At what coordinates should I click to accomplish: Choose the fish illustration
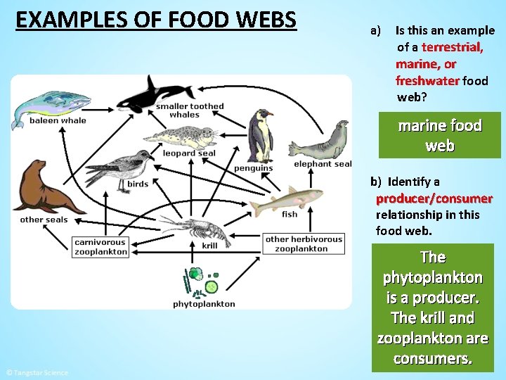[286, 201]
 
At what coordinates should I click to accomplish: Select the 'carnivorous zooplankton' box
[101, 246]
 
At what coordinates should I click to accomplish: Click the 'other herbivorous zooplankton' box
[304, 244]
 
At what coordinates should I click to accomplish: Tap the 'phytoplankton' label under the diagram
[204, 304]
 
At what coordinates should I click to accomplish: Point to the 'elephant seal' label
[323, 164]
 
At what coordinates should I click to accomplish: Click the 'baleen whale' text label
[58, 120]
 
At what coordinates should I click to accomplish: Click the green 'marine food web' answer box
[440, 136]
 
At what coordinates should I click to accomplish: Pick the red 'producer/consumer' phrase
[434, 198]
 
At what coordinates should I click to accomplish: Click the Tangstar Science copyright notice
[37, 372]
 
